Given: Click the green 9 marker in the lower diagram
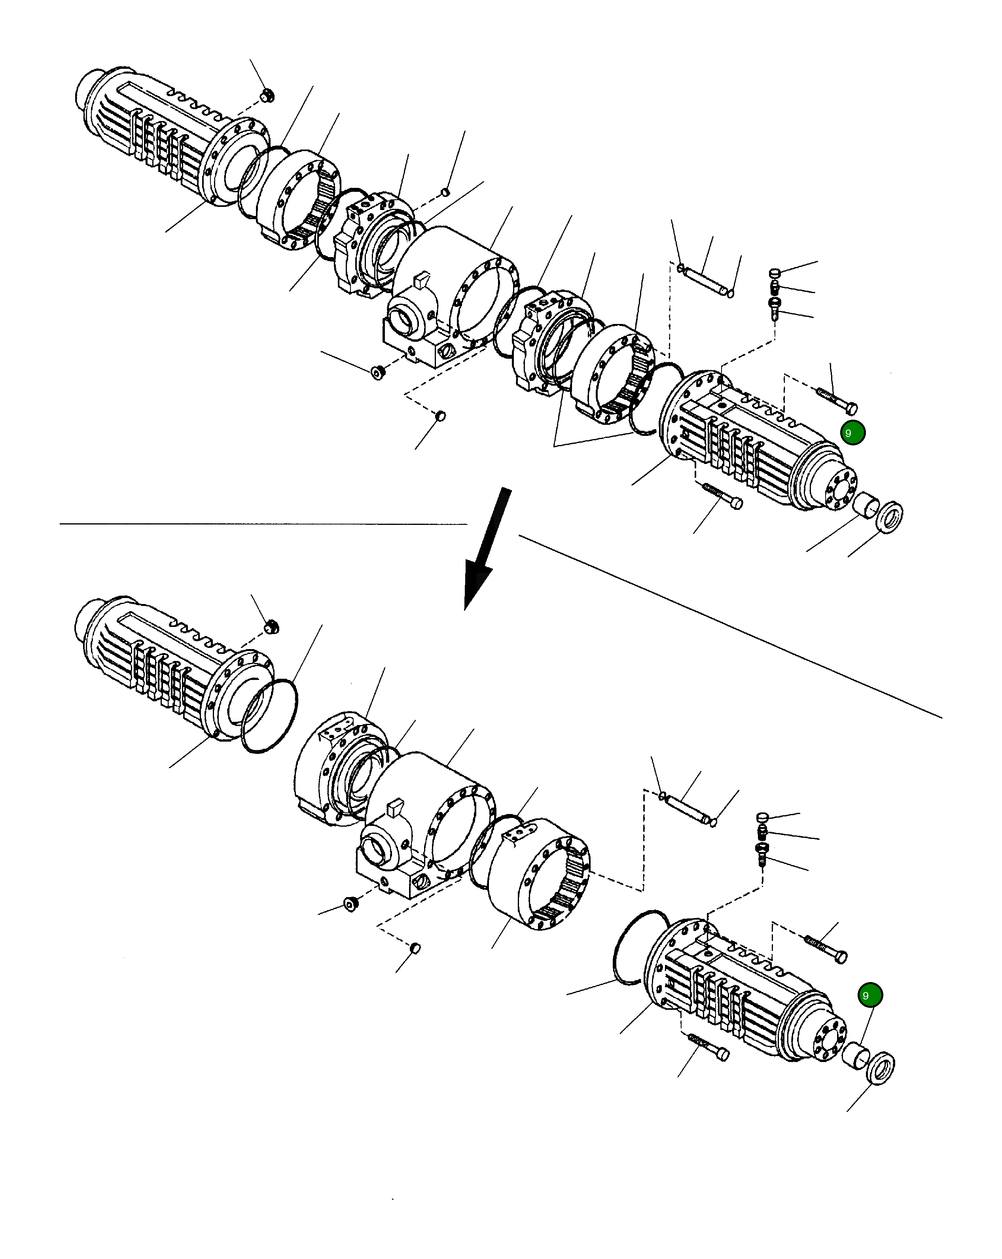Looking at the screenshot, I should coord(869,995).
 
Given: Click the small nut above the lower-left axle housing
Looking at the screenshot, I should coord(271,627).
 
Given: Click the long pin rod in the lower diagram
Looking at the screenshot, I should coord(687,808).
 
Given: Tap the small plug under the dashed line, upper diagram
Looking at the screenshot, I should coord(441,416).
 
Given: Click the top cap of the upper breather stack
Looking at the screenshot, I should coord(775,273).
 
